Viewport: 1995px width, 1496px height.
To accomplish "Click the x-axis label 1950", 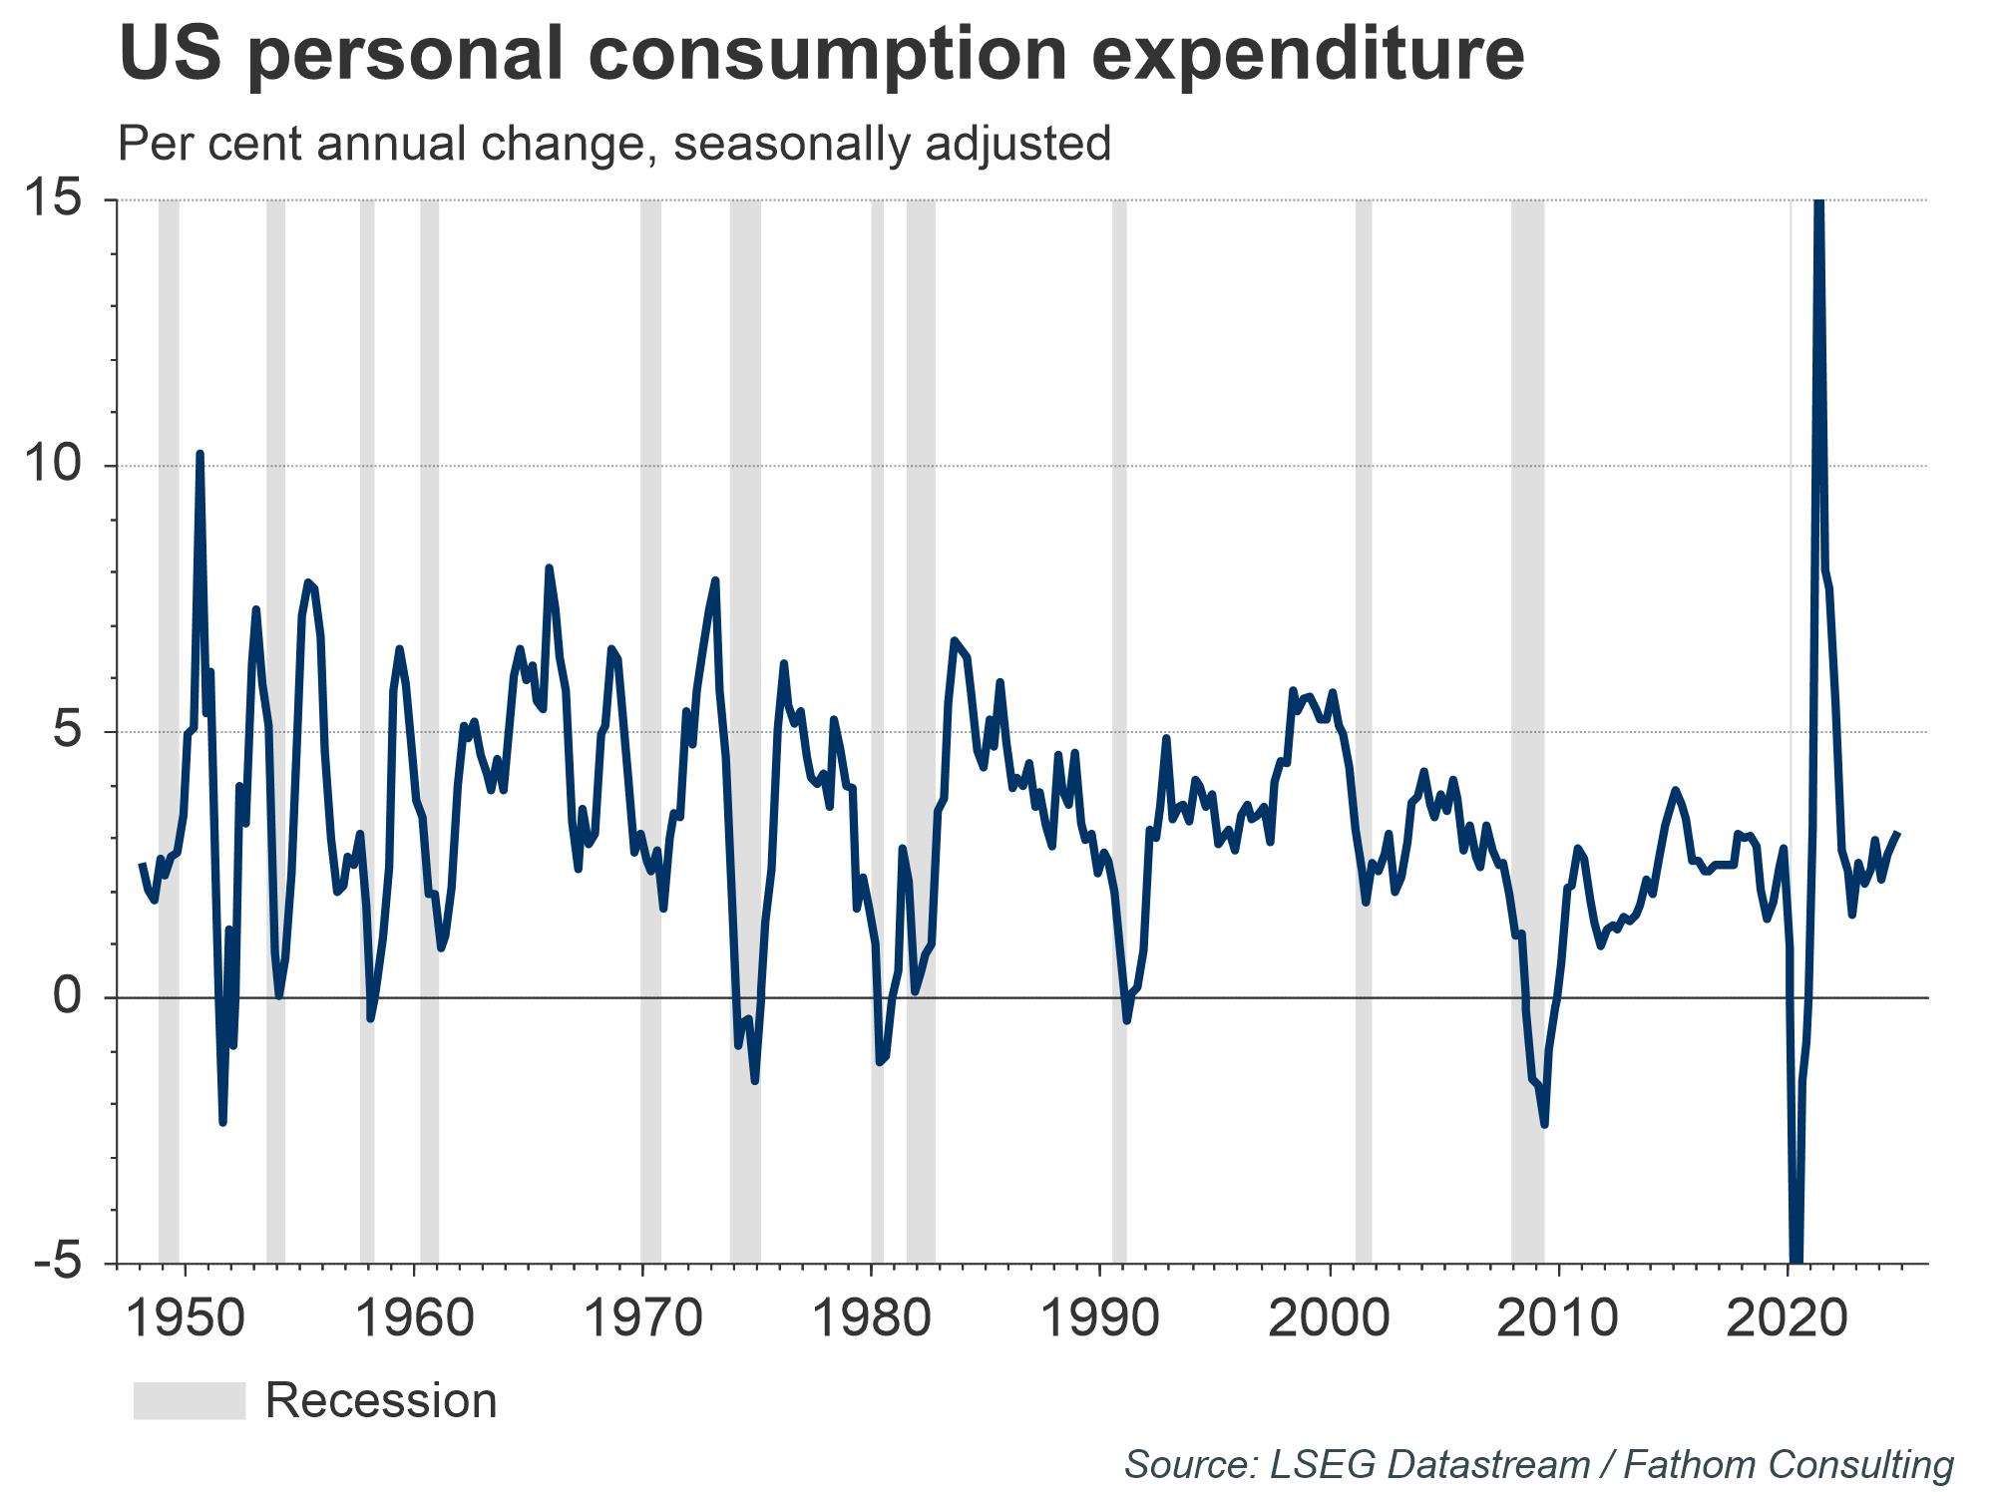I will pos(186,1318).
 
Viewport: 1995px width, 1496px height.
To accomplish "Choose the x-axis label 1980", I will pos(873,1318).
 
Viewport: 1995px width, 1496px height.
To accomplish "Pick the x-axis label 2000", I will pos(1329,1318).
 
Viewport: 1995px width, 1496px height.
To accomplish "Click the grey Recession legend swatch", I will pos(190,1400).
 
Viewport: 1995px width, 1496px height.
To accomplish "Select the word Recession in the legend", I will pos(381,1400).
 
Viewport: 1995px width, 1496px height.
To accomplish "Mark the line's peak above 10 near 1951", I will pos(200,455).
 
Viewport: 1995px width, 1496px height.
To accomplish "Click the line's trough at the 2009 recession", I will pos(1544,1124).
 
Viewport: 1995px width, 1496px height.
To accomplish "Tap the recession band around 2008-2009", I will pos(1527,698).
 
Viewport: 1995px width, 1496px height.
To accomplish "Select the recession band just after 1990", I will pos(1119,698).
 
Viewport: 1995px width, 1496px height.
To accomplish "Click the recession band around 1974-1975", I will pos(745,698).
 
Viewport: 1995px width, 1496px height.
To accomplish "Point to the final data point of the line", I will pos(1897,834).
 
